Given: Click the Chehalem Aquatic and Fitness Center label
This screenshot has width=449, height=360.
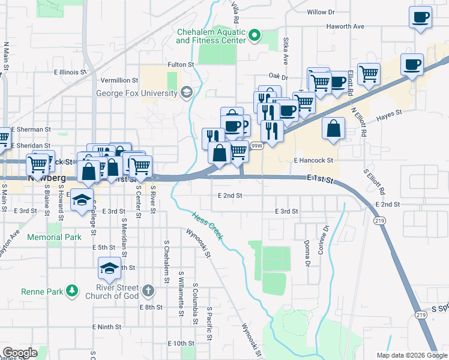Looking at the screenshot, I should coord(211,36).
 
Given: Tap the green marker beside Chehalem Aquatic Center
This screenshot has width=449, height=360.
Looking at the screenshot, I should coord(255,36).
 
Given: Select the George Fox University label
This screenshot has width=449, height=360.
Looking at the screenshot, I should coord(137,93).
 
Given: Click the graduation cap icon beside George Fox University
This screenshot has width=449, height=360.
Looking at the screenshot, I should coord(186,92).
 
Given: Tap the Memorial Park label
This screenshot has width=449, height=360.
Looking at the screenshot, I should coord(54,237).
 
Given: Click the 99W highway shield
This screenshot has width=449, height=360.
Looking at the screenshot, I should coord(257,146).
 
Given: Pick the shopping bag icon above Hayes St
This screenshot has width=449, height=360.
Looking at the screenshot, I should coord(333,128).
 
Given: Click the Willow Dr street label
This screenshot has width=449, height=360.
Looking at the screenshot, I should coord(320,12).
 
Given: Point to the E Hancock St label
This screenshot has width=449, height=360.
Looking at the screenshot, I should coord(313,161).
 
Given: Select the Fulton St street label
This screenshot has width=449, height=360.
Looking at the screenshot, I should coord(181,64).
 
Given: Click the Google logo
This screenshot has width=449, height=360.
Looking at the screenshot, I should coord(20,353).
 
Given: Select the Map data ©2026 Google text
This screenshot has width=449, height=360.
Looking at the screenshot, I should coord(411,355).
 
